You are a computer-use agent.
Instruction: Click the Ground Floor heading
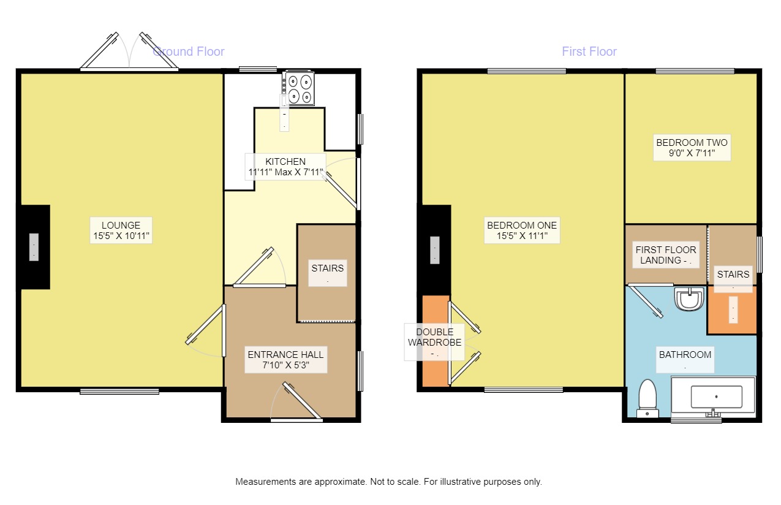pos(189,51)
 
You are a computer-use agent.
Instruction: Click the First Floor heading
pos(589,51)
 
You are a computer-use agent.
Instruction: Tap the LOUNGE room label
pos(121,230)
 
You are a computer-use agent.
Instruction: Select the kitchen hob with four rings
pos(298,89)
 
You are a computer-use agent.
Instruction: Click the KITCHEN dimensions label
pos(285,167)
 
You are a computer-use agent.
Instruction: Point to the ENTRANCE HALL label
pos(285,360)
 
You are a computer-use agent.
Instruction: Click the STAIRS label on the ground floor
pos(327,273)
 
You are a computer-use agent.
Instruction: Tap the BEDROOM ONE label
pos(522,230)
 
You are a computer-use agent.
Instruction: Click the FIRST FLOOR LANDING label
pos(665,255)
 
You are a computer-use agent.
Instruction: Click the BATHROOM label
pos(685,359)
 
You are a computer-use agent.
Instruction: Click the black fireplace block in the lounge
pos(34,247)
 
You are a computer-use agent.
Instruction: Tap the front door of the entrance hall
pos(298,402)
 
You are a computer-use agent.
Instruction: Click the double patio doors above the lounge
pos(129,53)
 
